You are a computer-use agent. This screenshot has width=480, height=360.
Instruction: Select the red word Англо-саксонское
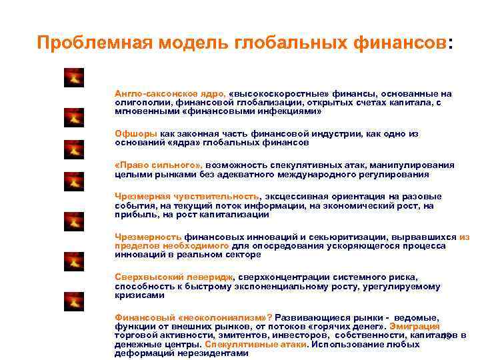(x=150, y=93)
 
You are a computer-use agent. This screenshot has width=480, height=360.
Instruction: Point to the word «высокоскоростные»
(x=277, y=93)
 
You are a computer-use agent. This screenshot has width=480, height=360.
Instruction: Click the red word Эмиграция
(x=416, y=326)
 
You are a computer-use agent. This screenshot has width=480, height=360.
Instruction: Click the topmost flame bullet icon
(x=73, y=78)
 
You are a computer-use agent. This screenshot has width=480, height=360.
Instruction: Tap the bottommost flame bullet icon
(x=73, y=302)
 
